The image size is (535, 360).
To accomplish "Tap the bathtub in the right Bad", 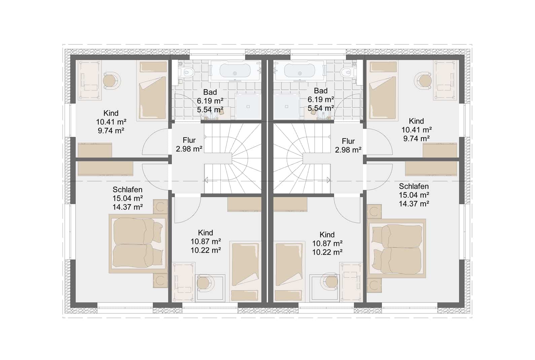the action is (x=300, y=71).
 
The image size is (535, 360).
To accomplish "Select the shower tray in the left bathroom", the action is (x=248, y=107).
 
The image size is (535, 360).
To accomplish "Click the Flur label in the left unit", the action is (x=189, y=140).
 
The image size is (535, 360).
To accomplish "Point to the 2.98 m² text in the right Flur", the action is (x=348, y=150).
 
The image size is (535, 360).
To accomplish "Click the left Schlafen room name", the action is (x=128, y=190).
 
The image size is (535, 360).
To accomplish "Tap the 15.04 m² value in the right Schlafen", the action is (x=414, y=195).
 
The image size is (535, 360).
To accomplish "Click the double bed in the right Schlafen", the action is (x=396, y=248).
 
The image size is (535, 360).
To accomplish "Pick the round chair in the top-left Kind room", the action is (x=111, y=81).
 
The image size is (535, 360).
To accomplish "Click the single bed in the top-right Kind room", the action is (x=384, y=91).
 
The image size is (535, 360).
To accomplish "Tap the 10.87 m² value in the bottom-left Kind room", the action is (x=205, y=242).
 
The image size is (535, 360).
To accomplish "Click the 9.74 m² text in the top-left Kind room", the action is (x=111, y=131).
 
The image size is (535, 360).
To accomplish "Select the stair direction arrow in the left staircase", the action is (x=206, y=180).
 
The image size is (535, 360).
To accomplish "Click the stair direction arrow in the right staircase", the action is (x=329, y=180).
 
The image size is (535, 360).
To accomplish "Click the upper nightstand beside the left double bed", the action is (x=160, y=206).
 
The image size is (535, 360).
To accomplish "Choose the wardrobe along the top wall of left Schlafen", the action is (x=105, y=169).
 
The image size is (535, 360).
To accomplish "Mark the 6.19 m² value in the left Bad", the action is (x=210, y=101).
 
